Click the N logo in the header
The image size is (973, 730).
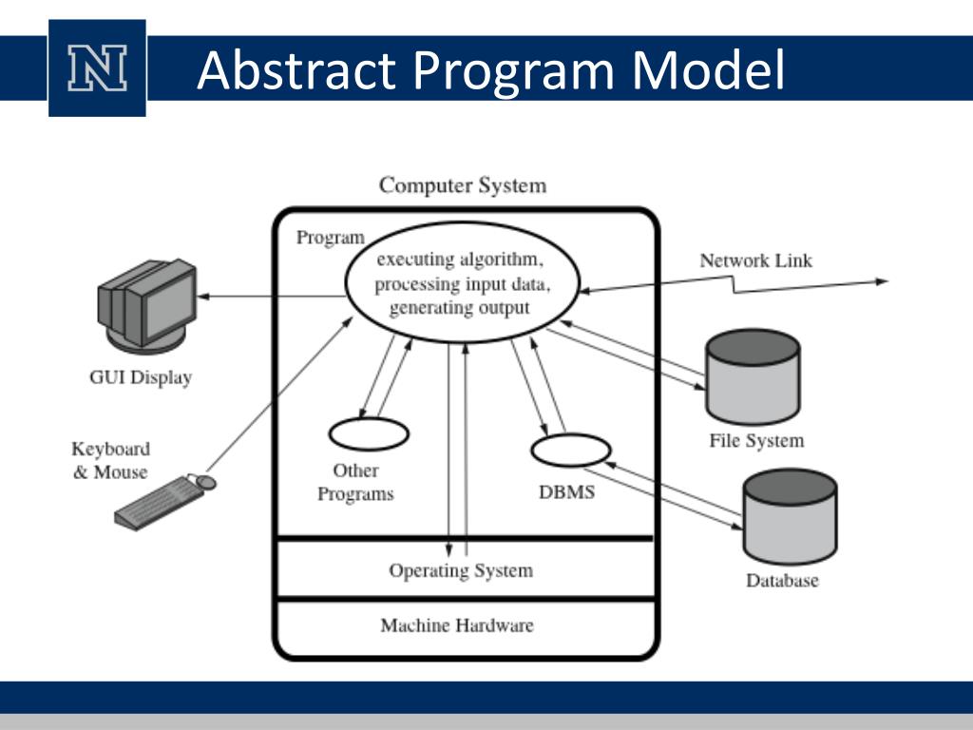97,68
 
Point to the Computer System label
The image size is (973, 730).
463,184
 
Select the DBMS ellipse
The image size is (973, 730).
569,450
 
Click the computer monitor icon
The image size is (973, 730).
147,304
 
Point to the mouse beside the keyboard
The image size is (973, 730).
206,483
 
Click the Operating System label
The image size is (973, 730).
461,570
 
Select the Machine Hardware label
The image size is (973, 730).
457,625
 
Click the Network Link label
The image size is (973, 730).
755,260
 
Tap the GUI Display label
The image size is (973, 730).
141,377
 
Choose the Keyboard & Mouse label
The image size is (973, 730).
110,460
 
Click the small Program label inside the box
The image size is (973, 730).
330,238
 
